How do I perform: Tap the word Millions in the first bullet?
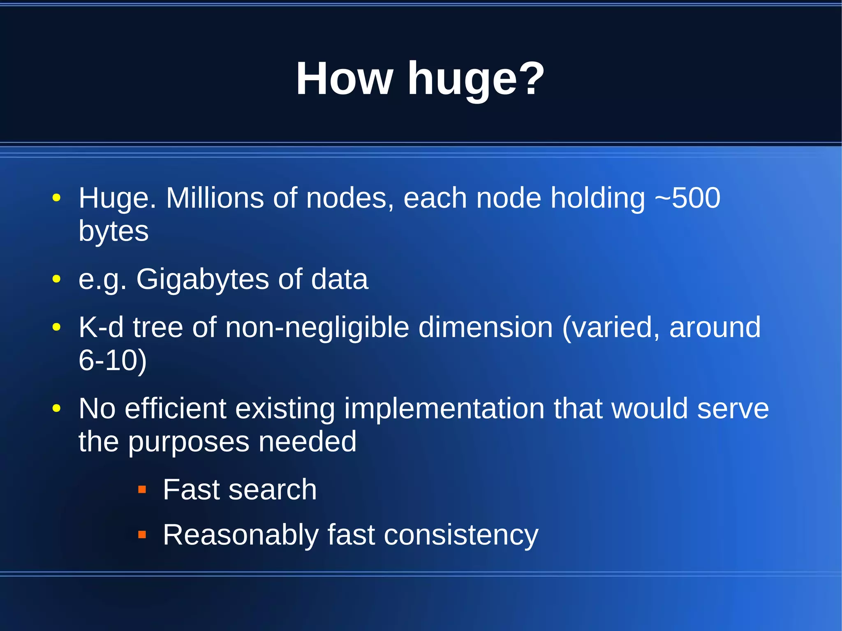click(x=215, y=198)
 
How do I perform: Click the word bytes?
click(x=113, y=231)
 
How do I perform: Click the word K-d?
click(x=101, y=327)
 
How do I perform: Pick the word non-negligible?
click(x=317, y=328)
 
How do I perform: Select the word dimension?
click(x=486, y=327)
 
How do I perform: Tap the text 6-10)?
click(x=112, y=361)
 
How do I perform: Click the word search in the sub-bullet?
click(x=273, y=490)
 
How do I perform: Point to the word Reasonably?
click(x=241, y=535)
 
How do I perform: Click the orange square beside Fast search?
click(x=142, y=489)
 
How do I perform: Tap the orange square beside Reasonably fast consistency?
click(x=142, y=534)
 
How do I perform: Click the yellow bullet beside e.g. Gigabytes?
click(x=56, y=279)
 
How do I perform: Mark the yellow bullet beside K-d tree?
click(x=56, y=327)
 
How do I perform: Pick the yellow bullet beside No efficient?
click(x=56, y=408)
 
